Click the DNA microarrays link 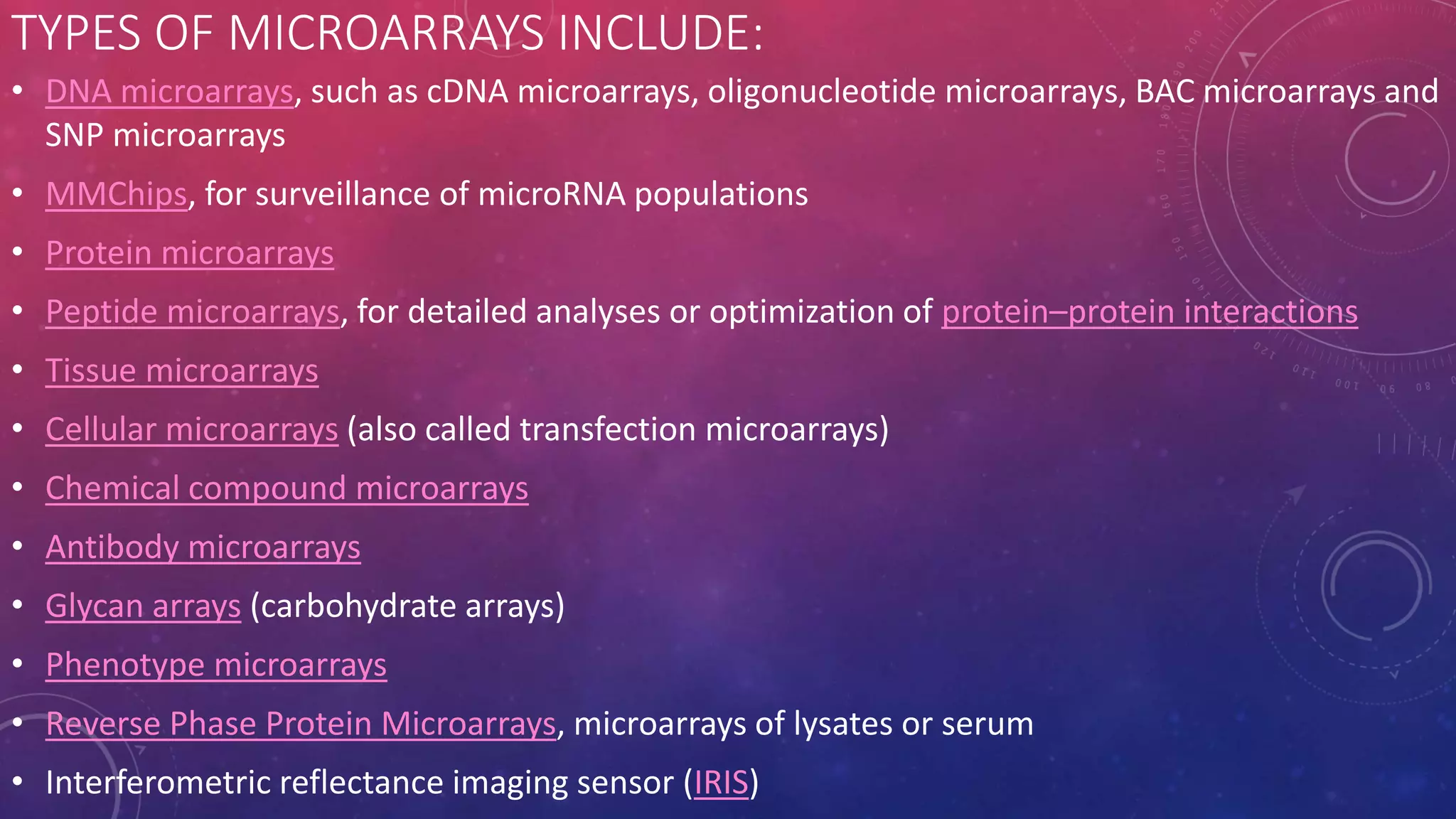169,92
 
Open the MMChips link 116,195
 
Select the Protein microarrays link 189,254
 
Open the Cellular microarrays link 191,430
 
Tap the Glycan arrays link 143,606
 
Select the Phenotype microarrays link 215,665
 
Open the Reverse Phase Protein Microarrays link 300,724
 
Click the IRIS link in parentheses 721,783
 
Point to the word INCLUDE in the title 658,33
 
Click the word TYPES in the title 76,33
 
